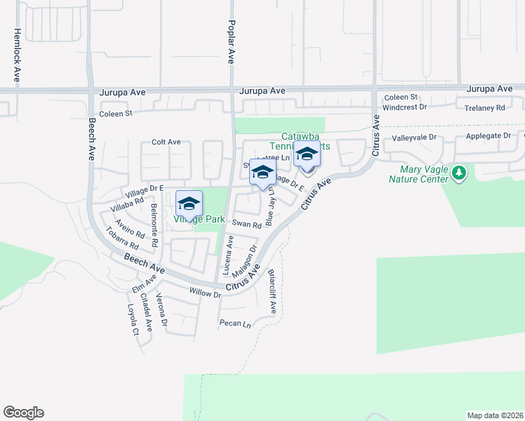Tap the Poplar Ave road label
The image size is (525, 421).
230,42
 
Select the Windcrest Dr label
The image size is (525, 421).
404,107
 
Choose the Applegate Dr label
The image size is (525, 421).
488,138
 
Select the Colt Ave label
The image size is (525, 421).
166,142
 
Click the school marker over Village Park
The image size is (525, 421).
189,203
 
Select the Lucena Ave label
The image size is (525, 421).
229,258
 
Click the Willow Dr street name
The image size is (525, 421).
205,293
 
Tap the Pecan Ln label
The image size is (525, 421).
234,324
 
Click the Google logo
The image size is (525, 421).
23,413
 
